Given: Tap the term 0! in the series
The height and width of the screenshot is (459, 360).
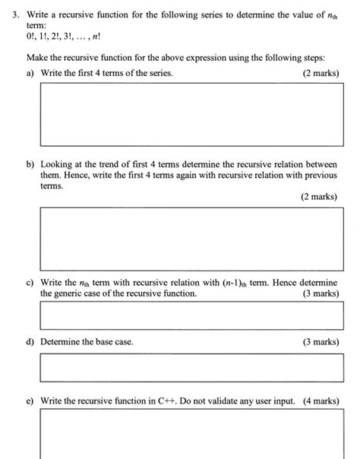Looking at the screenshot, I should pos(31,36).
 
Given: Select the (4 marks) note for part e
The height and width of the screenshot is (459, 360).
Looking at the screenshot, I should pos(321,400).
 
